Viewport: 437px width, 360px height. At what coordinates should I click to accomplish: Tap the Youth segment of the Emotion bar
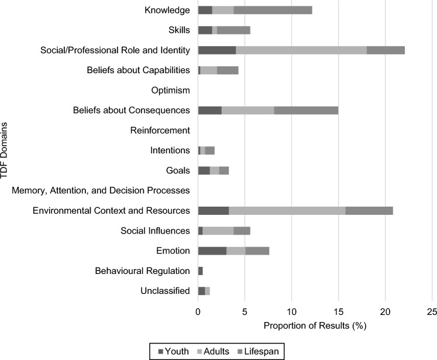[x=212, y=251]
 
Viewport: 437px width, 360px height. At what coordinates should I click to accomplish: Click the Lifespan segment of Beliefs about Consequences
[x=306, y=111]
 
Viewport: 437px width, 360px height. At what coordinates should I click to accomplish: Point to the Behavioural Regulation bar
[x=201, y=271]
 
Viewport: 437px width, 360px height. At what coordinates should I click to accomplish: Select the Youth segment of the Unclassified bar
[x=202, y=291]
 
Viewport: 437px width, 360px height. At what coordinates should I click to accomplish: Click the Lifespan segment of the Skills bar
[x=233, y=30]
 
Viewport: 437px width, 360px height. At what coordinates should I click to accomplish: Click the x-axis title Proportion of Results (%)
[x=315, y=325]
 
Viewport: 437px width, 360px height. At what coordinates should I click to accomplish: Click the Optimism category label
[x=171, y=91]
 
